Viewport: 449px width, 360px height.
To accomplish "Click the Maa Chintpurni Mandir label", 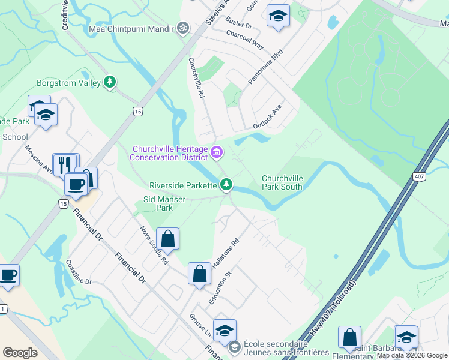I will [131, 28].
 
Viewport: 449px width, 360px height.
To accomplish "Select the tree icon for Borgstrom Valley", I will [110, 82].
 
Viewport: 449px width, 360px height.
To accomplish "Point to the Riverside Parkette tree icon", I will [226, 185].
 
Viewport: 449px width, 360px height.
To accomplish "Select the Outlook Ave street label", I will [267, 116].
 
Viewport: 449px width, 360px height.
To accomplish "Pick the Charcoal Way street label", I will [245, 41].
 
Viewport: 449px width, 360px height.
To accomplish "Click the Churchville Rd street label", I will [197, 78].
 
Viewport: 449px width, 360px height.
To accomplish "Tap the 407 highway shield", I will [419, 176].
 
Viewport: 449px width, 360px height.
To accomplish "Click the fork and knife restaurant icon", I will [66, 164].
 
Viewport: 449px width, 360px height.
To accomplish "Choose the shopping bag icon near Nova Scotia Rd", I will [168, 238].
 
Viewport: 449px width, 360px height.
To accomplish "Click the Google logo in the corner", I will [20, 353].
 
